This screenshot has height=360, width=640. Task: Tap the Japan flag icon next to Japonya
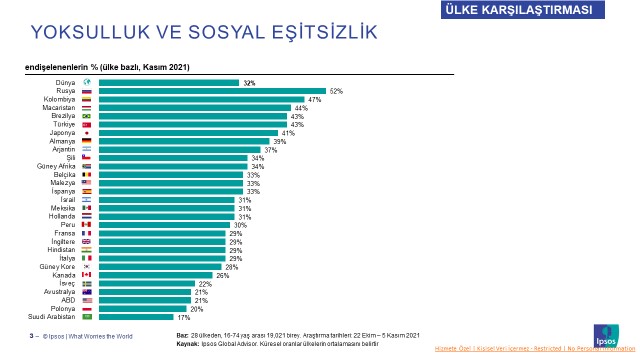(87, 133)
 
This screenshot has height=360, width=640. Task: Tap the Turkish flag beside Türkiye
(87, 125)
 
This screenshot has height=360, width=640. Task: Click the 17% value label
(184, 317)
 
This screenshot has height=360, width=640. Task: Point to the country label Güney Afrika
(56, 166)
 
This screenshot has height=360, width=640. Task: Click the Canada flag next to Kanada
(87, 275)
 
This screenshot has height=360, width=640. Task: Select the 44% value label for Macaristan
(300, 108)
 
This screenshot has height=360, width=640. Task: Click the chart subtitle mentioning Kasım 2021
(107, 66)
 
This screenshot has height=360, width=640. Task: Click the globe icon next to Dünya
(87, 83)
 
